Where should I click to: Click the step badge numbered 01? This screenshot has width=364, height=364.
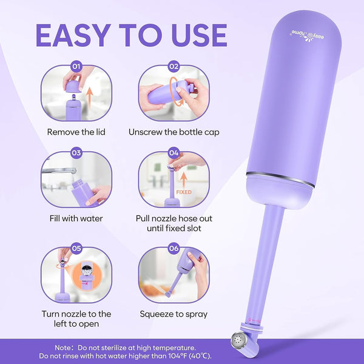tap(76, 67)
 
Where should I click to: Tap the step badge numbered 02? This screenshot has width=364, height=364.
tap(174, 67)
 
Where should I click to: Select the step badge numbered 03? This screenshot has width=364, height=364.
tap(76, 153)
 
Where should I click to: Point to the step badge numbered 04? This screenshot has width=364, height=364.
tap(174, 153)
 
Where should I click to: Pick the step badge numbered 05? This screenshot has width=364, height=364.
tap(76, 248)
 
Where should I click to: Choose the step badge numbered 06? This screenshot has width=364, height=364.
tap(174, 248)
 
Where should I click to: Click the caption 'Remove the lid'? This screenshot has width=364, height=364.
tap(76, 132)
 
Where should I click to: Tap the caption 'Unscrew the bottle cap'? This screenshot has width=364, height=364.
tap(174, 132)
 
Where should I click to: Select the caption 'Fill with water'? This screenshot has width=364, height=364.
tap(76, 218)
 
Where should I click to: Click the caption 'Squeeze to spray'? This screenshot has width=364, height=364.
tap(174, 314)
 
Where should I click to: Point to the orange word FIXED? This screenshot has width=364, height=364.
tap(184, 192)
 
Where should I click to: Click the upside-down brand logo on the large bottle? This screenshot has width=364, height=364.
tap(306, 36)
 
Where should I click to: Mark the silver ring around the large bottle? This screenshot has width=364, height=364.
tap(281, 179)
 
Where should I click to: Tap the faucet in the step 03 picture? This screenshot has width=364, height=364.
tap(59, 171)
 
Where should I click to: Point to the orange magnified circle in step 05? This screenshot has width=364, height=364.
tap(87, 275)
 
